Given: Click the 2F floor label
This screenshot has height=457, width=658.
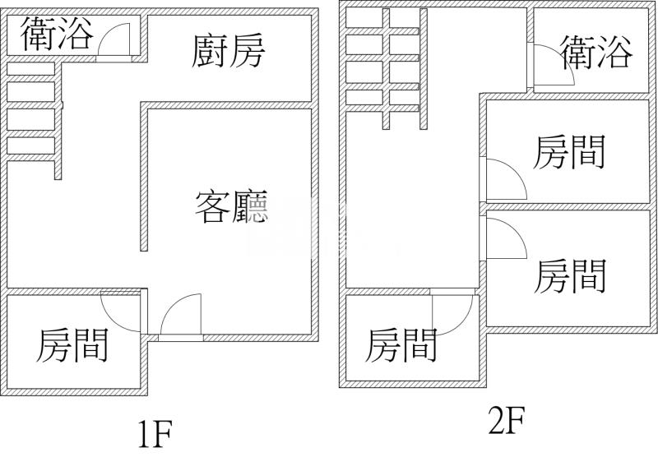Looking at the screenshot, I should point(506,422).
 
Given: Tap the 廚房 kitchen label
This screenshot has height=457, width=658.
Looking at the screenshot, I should point(229,51).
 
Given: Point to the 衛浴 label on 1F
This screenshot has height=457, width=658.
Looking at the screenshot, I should point(57,34).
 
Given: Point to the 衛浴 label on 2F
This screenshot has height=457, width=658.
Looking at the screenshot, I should point(596,53).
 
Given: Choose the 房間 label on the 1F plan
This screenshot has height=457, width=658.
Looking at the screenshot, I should point(72,344).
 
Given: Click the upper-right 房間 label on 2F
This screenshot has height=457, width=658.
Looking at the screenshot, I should point(569,152).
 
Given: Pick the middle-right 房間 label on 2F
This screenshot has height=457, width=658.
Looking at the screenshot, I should point(570,275).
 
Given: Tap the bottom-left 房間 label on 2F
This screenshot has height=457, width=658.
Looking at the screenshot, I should point(401,344).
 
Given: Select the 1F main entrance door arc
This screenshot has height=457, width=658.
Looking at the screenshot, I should point(181,316).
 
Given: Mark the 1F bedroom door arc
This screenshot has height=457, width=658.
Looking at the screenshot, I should point(122,311).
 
